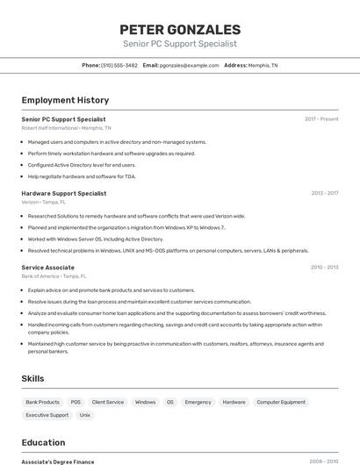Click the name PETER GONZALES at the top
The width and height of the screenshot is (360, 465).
[x=179, y=29]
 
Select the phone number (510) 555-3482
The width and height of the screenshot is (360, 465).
[x=119, y=65]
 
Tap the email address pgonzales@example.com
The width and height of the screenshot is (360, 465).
[x=189, y=65]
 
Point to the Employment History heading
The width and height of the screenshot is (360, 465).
[x=65, y=100]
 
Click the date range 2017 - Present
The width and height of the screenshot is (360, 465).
[x=321, y=119]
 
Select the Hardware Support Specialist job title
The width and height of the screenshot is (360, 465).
[x=64, y=193]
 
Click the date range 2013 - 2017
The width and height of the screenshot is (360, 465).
[x=324, y=193]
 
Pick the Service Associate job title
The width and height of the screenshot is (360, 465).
[x=48, y=267]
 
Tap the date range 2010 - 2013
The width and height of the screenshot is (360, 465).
[x=324, y=267]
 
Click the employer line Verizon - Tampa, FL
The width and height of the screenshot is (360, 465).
[x=43, y=202]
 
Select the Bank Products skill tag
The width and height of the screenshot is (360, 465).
[x=43, y=402]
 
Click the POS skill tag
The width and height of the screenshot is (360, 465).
[x=76, y=402]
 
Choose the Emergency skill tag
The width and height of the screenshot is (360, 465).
[x=198, y=402]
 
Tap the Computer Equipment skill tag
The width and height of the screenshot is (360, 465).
[x=281, y=402]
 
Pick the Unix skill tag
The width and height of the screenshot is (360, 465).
[x=85, y=415]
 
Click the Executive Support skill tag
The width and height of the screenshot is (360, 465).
[x=47, y=415]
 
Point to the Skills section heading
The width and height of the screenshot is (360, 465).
[x=34, y=378]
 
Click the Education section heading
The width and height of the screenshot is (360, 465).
[x=43, y=442]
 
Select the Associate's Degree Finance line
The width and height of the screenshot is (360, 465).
[x=58, y=461]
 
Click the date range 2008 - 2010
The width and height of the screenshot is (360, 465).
[x=324, y=461]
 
